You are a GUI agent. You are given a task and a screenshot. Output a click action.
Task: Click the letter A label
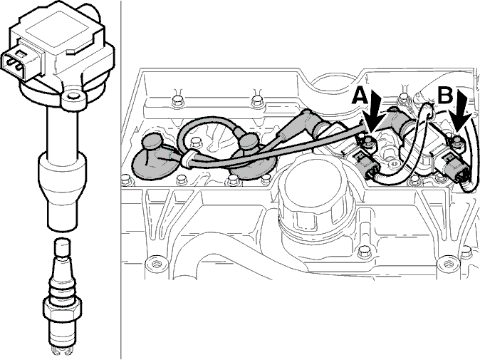point(360,96)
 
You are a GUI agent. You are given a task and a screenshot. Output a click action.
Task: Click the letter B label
point(445,96)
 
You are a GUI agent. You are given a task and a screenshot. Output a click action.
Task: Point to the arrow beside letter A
point(374,113)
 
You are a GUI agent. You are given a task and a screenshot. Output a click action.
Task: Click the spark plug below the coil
point(62,294)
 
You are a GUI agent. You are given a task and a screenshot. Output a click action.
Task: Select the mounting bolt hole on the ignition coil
point(73,97)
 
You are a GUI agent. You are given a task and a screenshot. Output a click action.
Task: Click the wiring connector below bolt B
point(456,168)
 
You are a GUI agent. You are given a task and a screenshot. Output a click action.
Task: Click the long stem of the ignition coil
point(61,131)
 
